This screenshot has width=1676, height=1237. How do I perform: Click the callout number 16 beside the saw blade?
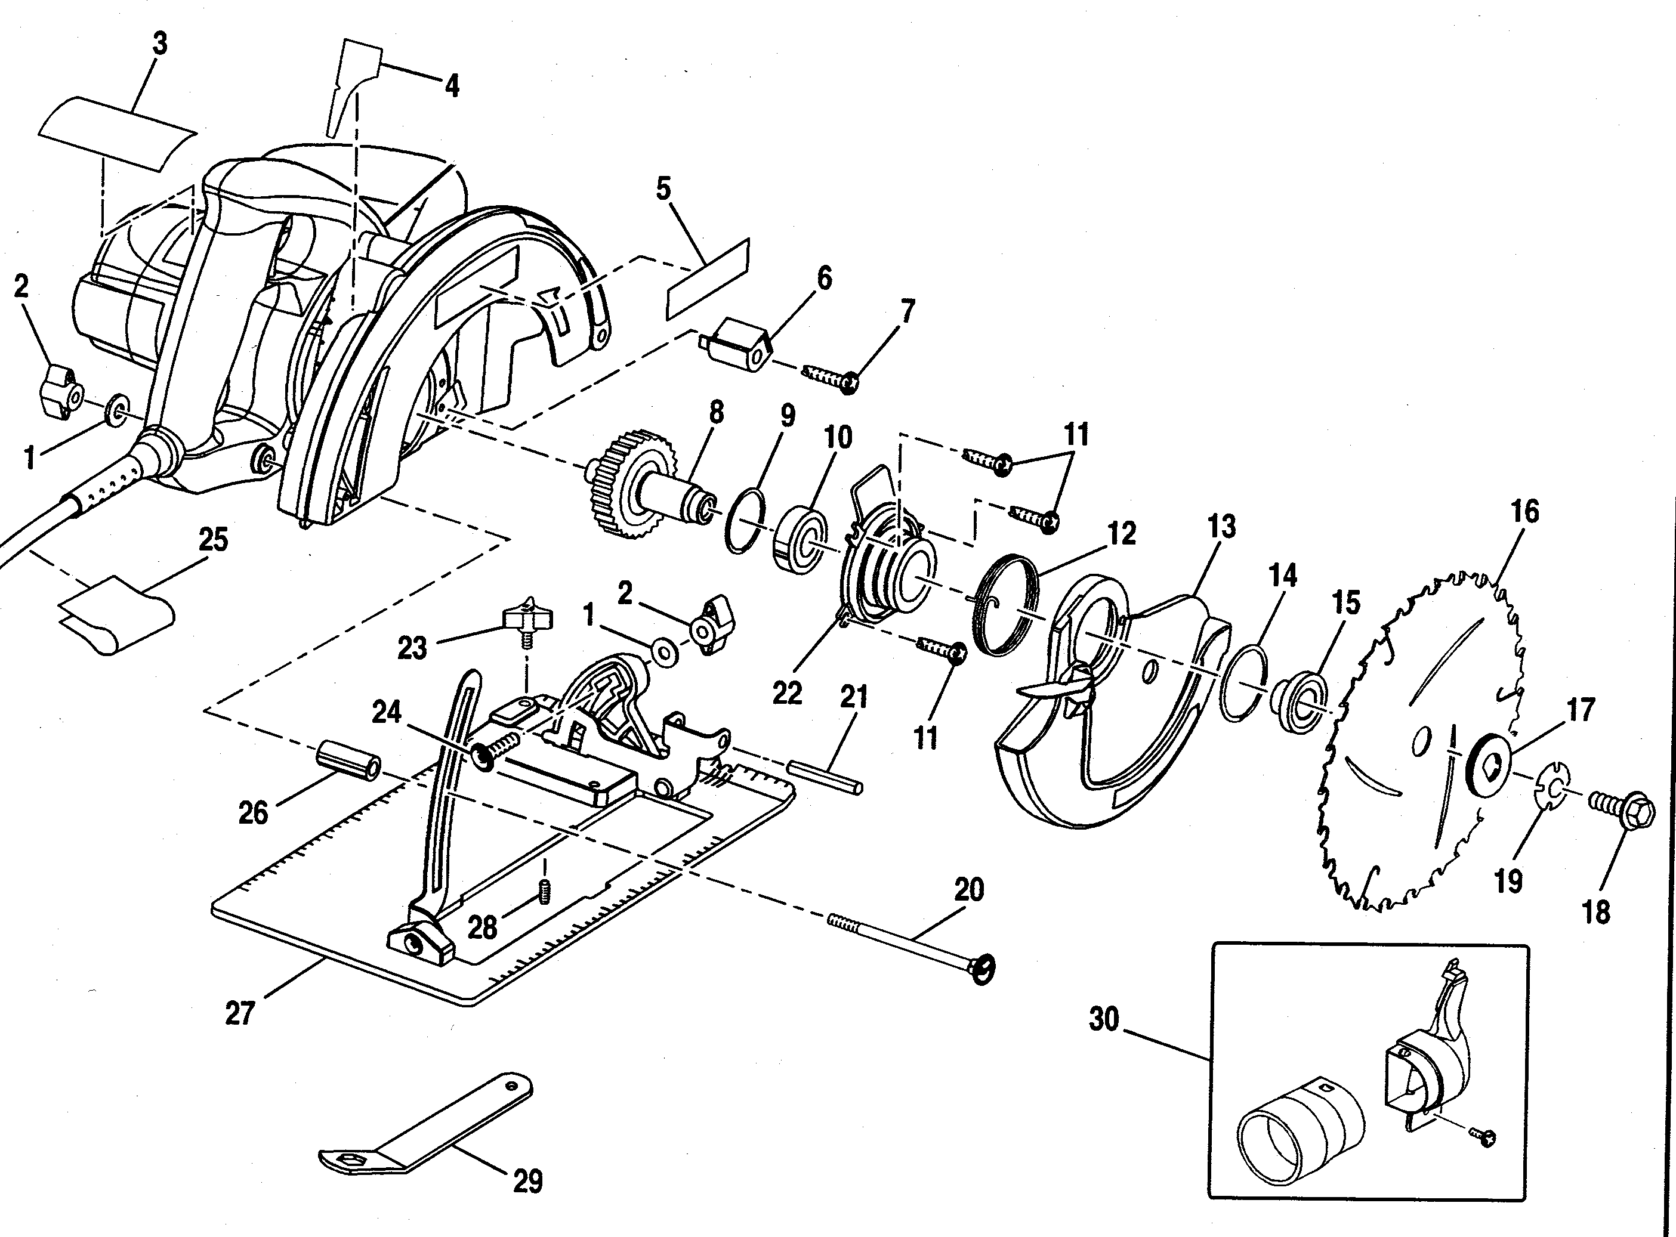[x=1524, y=512]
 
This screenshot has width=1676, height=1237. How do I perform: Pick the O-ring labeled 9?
[x=745, y=521]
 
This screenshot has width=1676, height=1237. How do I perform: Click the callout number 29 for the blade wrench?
[x=527, y=1182]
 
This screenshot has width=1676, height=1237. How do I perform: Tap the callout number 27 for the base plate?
[x=240, y=1015]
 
